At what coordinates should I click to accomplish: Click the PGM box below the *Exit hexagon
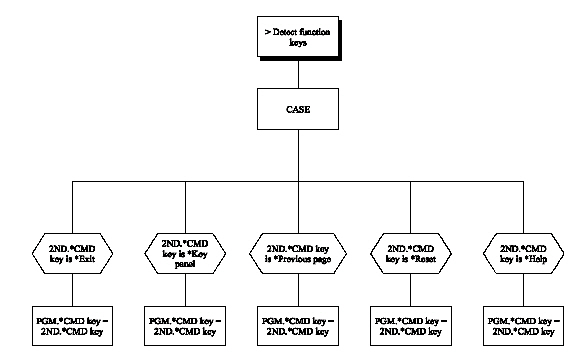pos(72,324)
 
